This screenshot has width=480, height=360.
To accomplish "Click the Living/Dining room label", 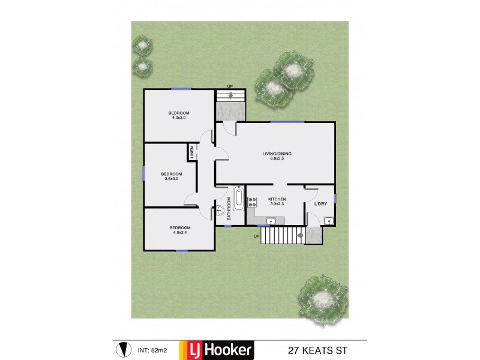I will (277, 154).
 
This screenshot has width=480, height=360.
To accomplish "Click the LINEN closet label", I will (192, 152).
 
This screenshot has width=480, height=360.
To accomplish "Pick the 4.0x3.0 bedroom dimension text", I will (179, 118).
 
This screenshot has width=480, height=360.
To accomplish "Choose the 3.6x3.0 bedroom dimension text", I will (171, 178).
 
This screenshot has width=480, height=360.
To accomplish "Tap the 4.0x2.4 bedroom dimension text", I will (179, 233).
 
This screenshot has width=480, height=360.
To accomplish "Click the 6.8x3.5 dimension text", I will (277, 159).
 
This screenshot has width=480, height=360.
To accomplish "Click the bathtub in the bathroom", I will (238, 199).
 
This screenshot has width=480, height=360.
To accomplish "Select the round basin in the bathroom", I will (220, 211).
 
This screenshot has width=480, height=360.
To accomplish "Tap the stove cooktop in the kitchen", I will (252, 202).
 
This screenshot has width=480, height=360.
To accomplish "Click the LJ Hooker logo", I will (223, 350).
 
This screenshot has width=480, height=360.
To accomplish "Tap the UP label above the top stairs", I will (230, 86).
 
